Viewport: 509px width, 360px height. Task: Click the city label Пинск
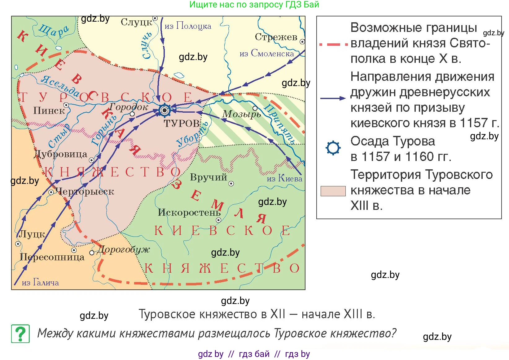[49, 111]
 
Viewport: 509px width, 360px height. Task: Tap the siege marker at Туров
[165, 110]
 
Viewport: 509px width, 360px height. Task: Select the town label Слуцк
[137, 22]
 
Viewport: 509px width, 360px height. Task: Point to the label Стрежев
[276, 37]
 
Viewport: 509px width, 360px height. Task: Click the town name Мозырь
[241, 115]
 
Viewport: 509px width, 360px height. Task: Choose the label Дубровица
[61, 154]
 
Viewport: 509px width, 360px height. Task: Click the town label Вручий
[208, 177]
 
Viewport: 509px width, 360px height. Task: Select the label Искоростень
[189, 212]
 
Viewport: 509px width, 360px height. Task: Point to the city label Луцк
[32, 234]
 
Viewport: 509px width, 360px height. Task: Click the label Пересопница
[52, 257]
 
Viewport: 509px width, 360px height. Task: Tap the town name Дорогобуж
[123, 249]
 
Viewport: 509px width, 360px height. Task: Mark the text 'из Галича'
[40, 282]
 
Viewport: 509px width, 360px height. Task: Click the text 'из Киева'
[284, 178]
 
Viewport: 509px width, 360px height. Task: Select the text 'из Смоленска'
[267, 53]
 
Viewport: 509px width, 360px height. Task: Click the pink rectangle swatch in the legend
[333, 191]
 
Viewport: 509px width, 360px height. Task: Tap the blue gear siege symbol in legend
[333, 148]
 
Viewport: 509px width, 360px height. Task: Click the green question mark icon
[20, 334]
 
